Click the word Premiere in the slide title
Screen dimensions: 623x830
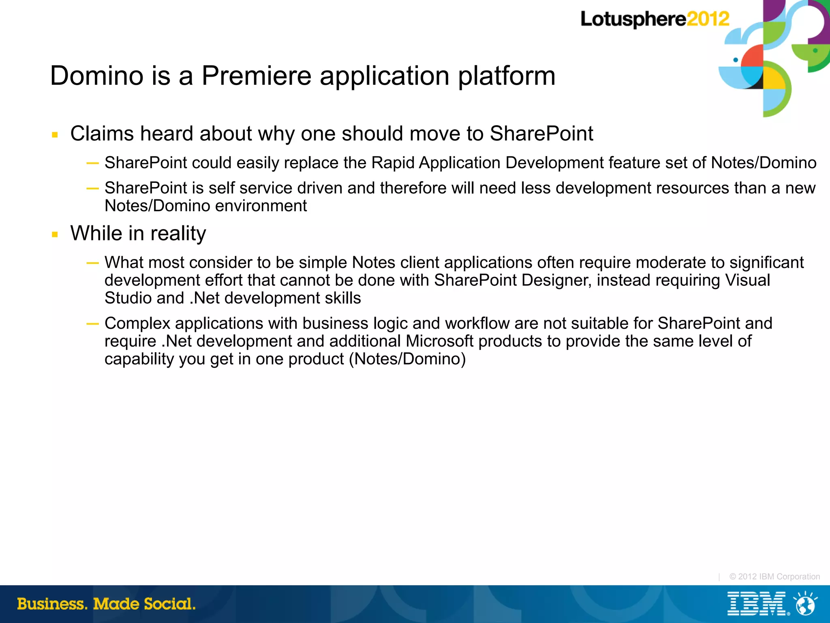point(257,76)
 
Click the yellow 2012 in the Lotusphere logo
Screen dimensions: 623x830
point(708,19)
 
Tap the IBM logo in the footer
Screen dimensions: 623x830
point(757,604)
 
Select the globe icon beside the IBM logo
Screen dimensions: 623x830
point(805,604)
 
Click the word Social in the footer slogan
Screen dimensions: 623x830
point(170,604)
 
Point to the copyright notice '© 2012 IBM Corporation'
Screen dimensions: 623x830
point(774,576)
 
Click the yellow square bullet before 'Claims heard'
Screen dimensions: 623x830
point(55,135)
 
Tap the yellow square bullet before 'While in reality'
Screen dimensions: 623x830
point(55,234)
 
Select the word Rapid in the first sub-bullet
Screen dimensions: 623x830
point(393,163)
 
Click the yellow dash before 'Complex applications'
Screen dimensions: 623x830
point(92,323)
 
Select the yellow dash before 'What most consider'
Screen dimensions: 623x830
point(92,263)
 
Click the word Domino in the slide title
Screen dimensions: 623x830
point(97,76)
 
